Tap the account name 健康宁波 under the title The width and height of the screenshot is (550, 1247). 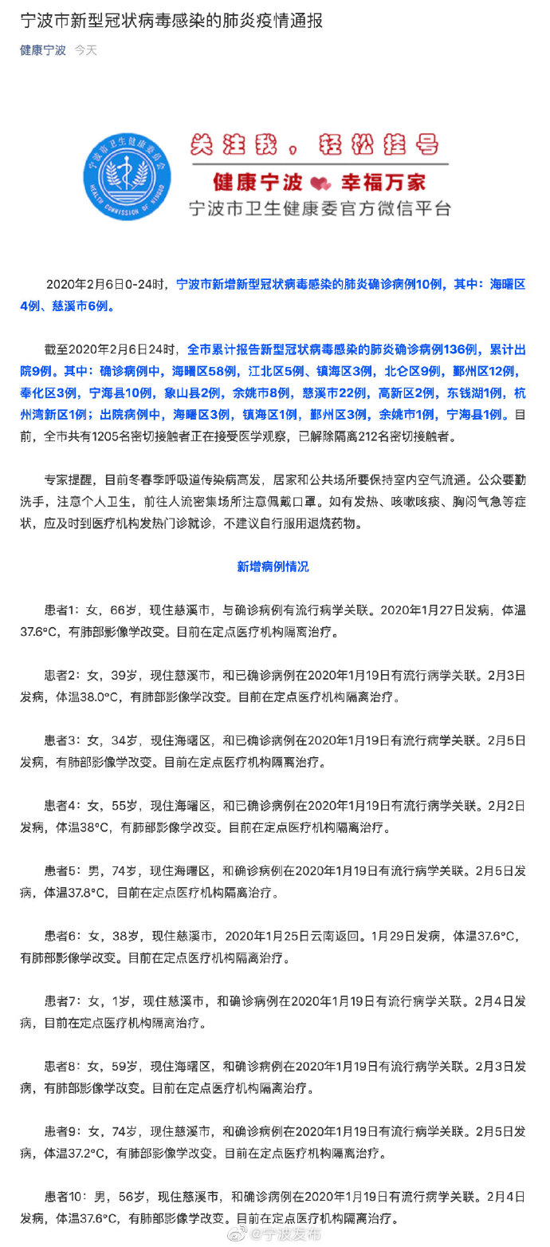[x=43, y=50]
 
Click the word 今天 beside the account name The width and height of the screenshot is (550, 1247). [x=86, y=50]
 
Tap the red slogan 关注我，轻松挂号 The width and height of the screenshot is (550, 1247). [x=313, y=145]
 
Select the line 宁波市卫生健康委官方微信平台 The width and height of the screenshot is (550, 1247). [x=319, y=208]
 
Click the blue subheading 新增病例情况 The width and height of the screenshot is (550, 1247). [x=273, y=566]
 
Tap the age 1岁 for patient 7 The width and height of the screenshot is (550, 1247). [x=119, y=1000]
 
